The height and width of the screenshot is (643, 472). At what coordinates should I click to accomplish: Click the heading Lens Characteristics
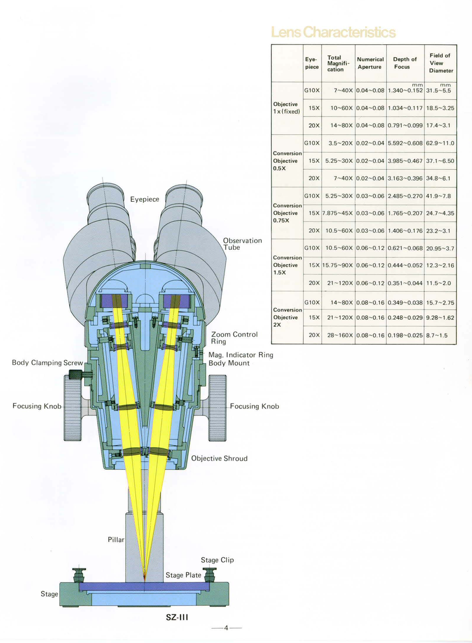tap(333, 32)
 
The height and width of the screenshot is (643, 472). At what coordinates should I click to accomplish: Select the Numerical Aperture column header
tap(370, 63)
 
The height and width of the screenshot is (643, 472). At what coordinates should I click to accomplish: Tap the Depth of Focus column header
tap(405, 63)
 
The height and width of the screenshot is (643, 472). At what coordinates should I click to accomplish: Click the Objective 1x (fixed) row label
tap(286, 108)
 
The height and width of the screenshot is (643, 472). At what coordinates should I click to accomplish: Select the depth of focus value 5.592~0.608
tap(405, 143)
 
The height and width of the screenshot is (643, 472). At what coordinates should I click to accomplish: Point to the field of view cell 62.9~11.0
tap(440, 143)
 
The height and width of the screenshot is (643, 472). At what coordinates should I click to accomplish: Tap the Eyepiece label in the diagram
tap(145, 199)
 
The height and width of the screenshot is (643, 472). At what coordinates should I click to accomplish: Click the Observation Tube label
tap(242, 244)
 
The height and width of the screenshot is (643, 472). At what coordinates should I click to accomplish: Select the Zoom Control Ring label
tap(234, 338)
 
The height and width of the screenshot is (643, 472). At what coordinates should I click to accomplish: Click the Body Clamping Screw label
tap(47, 362)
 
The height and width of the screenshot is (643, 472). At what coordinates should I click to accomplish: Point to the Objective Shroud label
tap(219, 458)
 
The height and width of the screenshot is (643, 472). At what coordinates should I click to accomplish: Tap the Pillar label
tap(115, 539)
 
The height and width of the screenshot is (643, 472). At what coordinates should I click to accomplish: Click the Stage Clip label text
tap(217, 560)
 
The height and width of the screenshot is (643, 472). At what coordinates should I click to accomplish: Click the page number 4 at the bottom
tap(227, 627)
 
